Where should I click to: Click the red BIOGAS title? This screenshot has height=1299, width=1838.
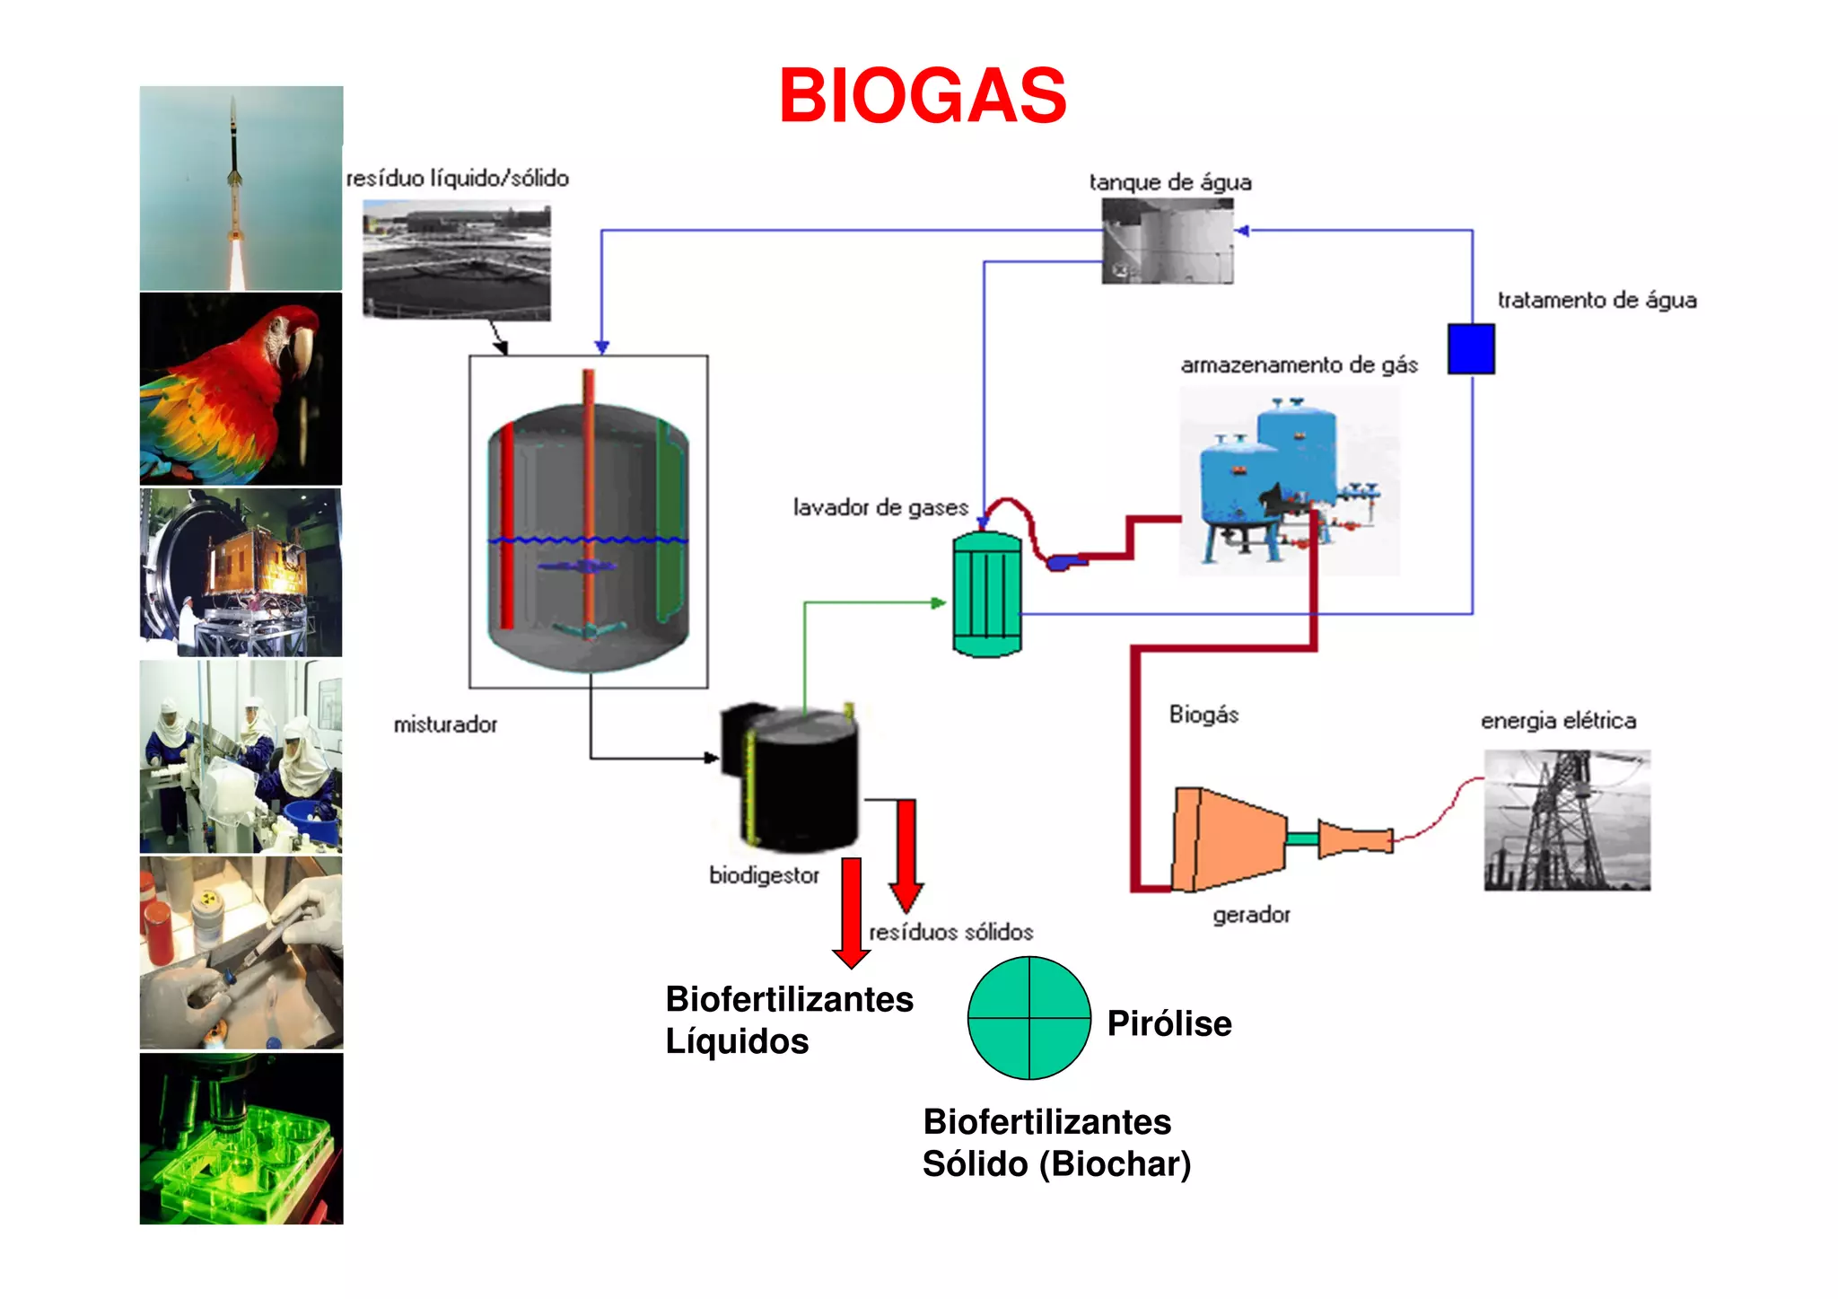pos(923,96)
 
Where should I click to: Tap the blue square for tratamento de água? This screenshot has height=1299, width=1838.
pos(1471,348)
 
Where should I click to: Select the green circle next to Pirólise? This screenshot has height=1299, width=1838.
pos(1028,1017)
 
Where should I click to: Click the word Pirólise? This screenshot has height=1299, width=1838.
pos(1168,1023)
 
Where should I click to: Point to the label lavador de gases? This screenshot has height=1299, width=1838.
pos(880,507)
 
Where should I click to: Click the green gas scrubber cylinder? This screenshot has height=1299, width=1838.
pos(986,593)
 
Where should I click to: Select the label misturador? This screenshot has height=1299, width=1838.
pos(445,724)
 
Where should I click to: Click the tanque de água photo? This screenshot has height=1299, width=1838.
pos(1167,241)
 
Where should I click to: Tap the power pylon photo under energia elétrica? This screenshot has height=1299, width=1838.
pos(1566,820)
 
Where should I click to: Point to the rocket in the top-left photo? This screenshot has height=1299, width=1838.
pos(235,171)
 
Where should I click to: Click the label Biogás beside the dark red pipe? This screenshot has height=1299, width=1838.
pos(1203,715)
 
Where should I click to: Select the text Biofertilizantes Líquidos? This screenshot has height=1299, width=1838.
pos(787,1020)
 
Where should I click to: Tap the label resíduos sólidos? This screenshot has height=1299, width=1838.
pos(951,932)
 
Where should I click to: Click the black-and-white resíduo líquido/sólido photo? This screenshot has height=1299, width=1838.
pos(457,261)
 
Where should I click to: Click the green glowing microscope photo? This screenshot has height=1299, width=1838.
pos(241,1137)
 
